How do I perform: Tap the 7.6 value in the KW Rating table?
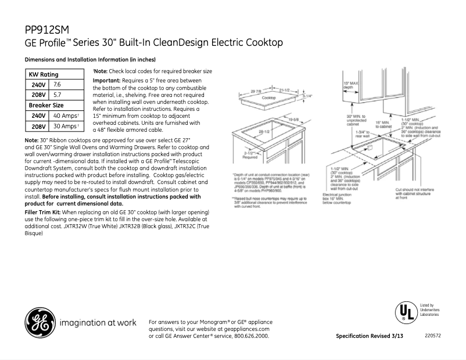coord(57,85)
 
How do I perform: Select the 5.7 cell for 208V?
coord(57,95)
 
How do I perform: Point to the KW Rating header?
coord(44,74)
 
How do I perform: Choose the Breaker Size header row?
coord(46,105)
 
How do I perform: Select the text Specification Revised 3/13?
coord(370,336)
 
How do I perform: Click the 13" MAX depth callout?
coord(350,86)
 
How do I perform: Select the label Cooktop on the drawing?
coord(268,98)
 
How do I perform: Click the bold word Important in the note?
coord(106,80)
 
